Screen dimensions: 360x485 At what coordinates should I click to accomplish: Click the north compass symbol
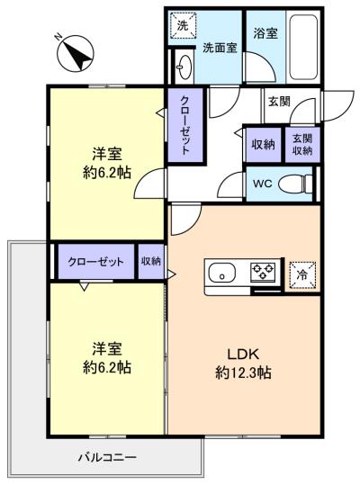76,54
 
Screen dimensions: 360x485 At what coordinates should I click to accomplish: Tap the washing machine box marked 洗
183,25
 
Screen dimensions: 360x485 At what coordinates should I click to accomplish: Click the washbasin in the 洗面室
184,67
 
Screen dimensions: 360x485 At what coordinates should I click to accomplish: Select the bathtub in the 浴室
302,46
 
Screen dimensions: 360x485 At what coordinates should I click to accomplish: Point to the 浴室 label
265,33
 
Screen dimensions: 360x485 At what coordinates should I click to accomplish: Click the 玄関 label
279,101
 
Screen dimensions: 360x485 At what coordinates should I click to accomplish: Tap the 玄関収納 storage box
302,145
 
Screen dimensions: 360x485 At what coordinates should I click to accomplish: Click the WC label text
263,184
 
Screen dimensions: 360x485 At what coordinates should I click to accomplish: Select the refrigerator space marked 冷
302,274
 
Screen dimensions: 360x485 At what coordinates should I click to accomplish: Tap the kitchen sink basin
221,273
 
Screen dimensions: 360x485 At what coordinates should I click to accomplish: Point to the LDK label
243,355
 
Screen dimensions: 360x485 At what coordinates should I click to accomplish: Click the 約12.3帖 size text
243,373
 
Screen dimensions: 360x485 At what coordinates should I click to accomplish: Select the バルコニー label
107,457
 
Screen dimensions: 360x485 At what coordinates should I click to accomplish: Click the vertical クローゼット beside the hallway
185,125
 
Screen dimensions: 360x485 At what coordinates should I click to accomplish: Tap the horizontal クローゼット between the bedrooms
96,262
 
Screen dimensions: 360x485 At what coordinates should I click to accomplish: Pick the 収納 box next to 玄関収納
264,145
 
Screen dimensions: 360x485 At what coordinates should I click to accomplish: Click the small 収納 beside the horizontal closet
151,262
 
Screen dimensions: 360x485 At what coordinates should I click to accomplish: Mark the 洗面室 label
220,48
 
